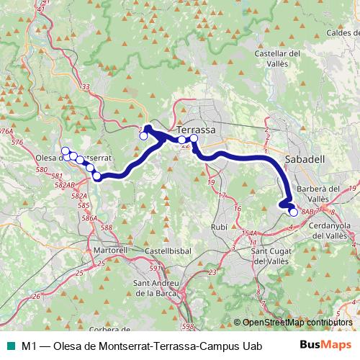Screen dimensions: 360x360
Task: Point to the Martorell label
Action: point(111,250)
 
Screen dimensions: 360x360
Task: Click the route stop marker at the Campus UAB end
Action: point(293,212)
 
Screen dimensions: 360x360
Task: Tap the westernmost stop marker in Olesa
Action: point(66,151)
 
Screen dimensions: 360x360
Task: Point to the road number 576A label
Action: point(6,132)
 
